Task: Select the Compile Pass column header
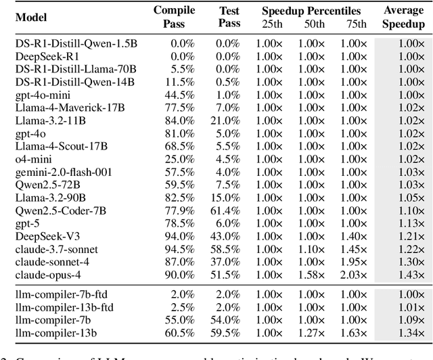[x=174, y=16]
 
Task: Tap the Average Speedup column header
[x=403, y=16]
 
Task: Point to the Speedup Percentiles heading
[x=312, y=11]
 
